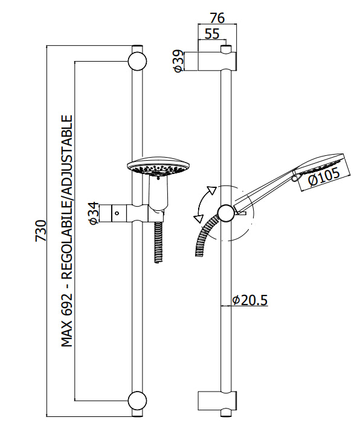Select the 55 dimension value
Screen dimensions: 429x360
(x=211, y=34)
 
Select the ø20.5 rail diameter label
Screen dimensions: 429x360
(x=249, y=300)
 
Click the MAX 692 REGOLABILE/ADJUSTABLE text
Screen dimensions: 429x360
(x=66, y=231)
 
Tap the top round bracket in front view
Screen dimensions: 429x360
(x=137, y=60)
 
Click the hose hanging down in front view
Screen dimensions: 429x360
(x=158, y=242)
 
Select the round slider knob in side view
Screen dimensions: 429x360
(x=226, y=213)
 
